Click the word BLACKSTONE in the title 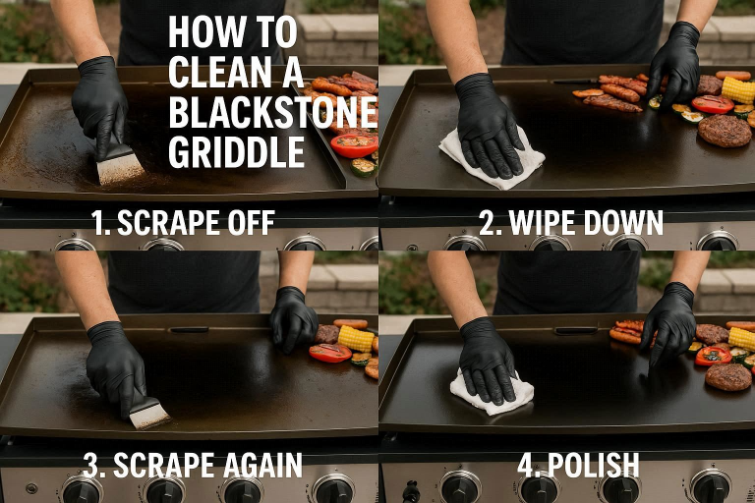273,112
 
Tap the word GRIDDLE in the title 236,151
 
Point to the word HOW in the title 197,32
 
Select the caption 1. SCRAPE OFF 184,222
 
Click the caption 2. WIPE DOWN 571,223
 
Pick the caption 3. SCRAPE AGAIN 193,465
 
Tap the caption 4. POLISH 578,465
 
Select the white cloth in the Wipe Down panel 492,160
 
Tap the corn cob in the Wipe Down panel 738,89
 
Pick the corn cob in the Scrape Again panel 356,339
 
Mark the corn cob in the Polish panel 742,338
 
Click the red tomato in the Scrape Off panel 354,145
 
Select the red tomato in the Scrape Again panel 330,353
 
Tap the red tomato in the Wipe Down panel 713,104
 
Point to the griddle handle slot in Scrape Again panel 189,330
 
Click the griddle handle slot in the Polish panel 576,331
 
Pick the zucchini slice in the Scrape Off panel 364,167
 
